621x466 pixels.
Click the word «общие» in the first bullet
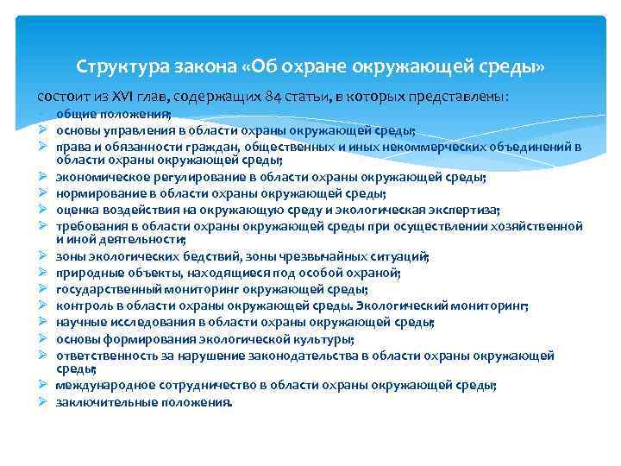coord(75,116)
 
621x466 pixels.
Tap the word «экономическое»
coord(98,178)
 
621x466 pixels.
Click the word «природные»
coord(86,273)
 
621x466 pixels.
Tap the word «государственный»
coord(106,288)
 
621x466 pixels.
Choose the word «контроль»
coord(82,305)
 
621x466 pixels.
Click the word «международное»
coord(102,385)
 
